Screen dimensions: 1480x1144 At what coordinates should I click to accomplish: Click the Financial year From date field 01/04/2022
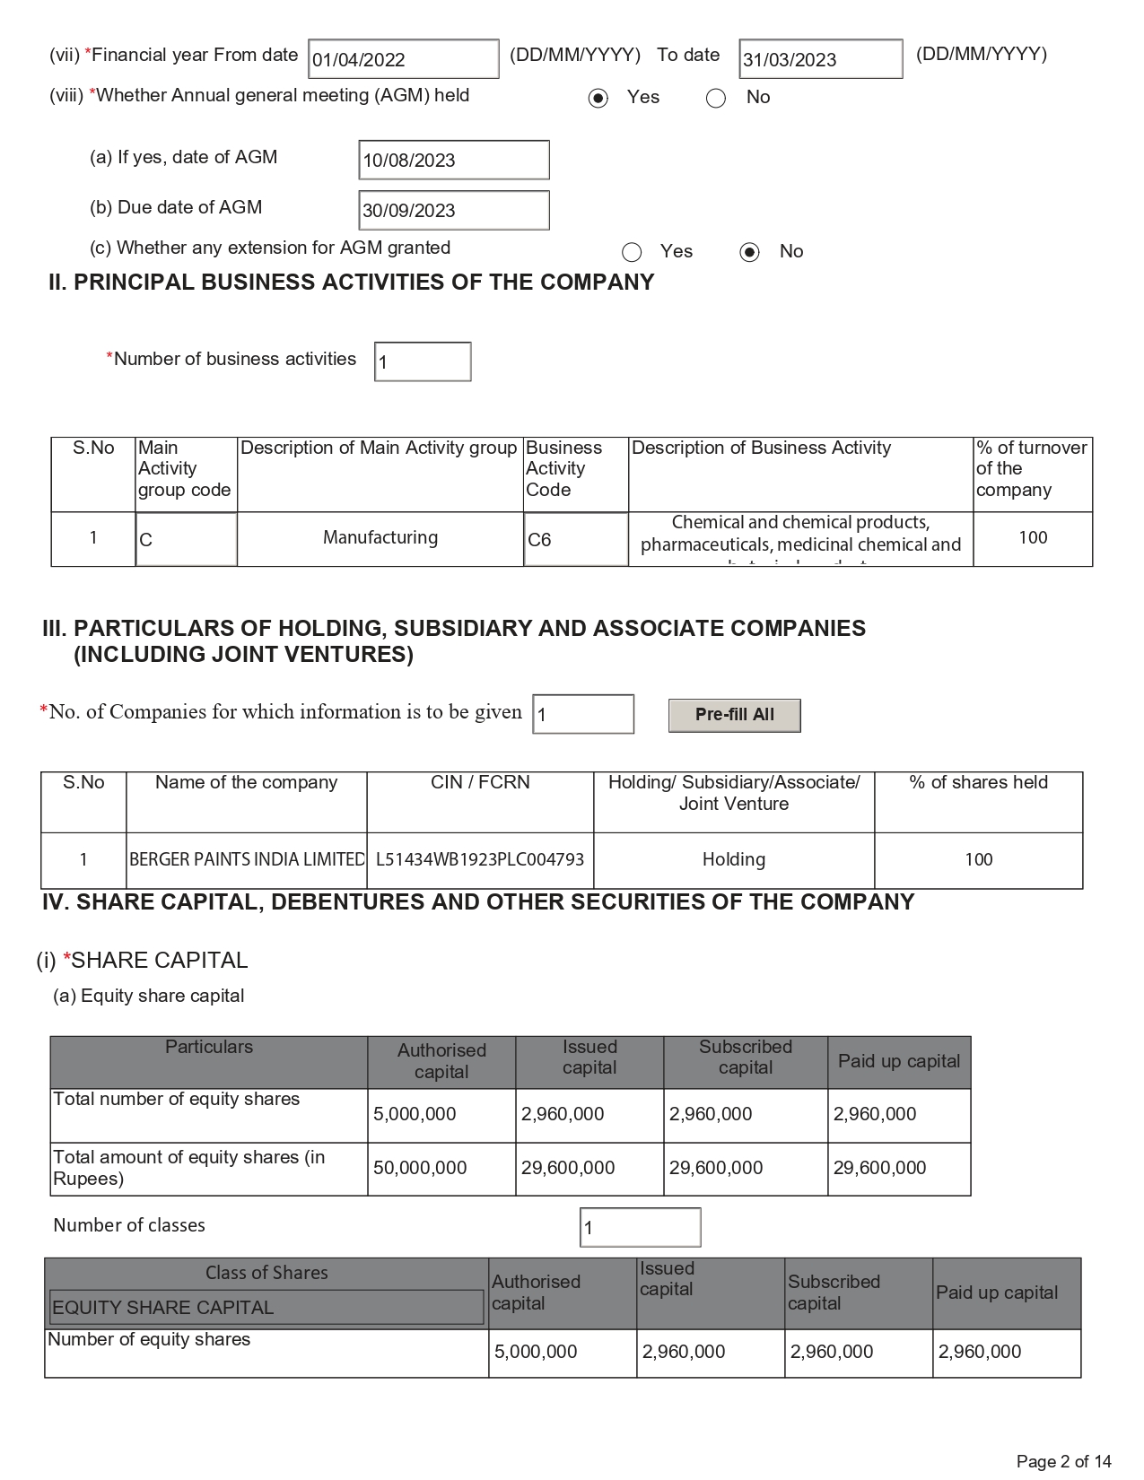403,59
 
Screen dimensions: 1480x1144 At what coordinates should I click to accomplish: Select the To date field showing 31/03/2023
820,59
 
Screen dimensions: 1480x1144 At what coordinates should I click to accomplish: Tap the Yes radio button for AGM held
598,98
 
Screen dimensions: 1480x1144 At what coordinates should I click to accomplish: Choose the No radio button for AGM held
716,98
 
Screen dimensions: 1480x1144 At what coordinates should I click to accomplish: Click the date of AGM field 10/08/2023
453,161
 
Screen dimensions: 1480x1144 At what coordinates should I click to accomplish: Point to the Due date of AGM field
453,211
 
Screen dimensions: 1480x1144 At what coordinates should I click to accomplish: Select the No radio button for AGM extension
750,252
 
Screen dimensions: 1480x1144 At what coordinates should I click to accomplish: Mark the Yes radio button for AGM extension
633,252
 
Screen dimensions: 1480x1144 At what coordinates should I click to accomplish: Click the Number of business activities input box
423,361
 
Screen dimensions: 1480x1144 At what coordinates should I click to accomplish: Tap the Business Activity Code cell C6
575,539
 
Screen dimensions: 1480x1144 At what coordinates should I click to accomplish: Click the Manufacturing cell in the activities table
380,537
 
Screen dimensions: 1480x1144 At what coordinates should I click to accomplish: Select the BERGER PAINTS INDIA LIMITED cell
247,859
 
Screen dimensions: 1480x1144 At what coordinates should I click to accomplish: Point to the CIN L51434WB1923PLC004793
480,859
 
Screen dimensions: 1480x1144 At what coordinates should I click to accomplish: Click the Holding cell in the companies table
734,859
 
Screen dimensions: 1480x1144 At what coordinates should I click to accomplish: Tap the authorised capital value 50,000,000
420,1168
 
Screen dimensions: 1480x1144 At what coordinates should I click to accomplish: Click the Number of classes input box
640,1227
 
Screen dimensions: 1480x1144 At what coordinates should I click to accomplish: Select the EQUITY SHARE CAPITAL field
266,1308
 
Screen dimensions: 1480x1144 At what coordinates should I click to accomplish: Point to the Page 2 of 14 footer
1063,1461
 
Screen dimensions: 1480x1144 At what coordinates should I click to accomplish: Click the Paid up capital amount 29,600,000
879,1168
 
